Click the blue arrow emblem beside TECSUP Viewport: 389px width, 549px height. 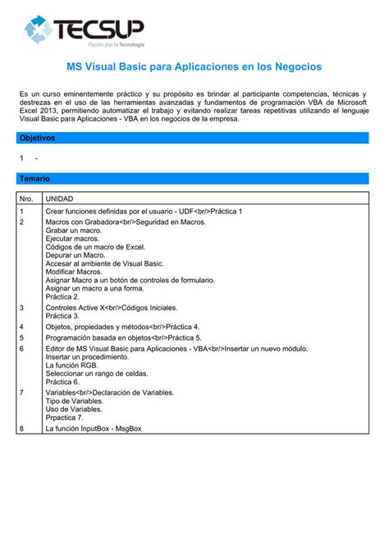pos(39,30)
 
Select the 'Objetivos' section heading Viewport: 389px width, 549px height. pos(37,138)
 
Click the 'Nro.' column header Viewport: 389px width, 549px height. pos(26,199)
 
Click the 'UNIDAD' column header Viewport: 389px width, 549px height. pos(59,199)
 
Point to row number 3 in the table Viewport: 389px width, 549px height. pos(21,307)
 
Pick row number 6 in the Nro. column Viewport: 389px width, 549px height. pos(21,349)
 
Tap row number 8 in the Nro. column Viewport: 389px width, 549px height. pos(21,428)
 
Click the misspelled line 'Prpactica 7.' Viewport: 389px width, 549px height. pos(65,418)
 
